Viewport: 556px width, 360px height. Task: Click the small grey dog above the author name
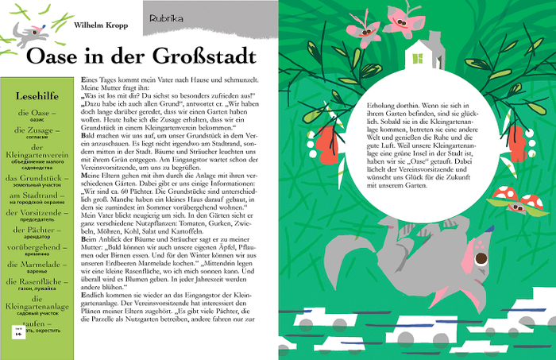pos(30,32)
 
